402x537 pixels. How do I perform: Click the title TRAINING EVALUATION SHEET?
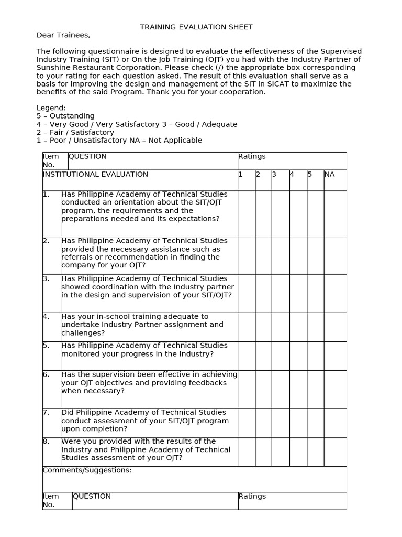196,27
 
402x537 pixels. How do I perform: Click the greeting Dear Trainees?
63,35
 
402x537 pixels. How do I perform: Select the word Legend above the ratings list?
51,108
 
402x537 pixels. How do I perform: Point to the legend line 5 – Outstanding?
65,116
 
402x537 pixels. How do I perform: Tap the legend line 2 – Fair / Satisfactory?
75,132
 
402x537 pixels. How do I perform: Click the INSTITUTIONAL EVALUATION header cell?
95,174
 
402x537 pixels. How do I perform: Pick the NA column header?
330,174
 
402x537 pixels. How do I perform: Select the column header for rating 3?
274,174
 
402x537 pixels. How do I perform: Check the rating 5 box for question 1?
315,213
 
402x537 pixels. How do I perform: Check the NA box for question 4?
335,327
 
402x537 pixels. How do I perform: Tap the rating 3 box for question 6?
280,389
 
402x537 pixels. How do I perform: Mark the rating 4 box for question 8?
298,452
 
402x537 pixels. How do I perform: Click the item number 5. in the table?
47,346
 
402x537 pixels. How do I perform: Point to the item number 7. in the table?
47,413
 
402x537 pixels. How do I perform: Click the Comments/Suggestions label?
87,470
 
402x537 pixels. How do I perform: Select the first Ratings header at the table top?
252,156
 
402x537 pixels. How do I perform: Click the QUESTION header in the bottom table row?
92,496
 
